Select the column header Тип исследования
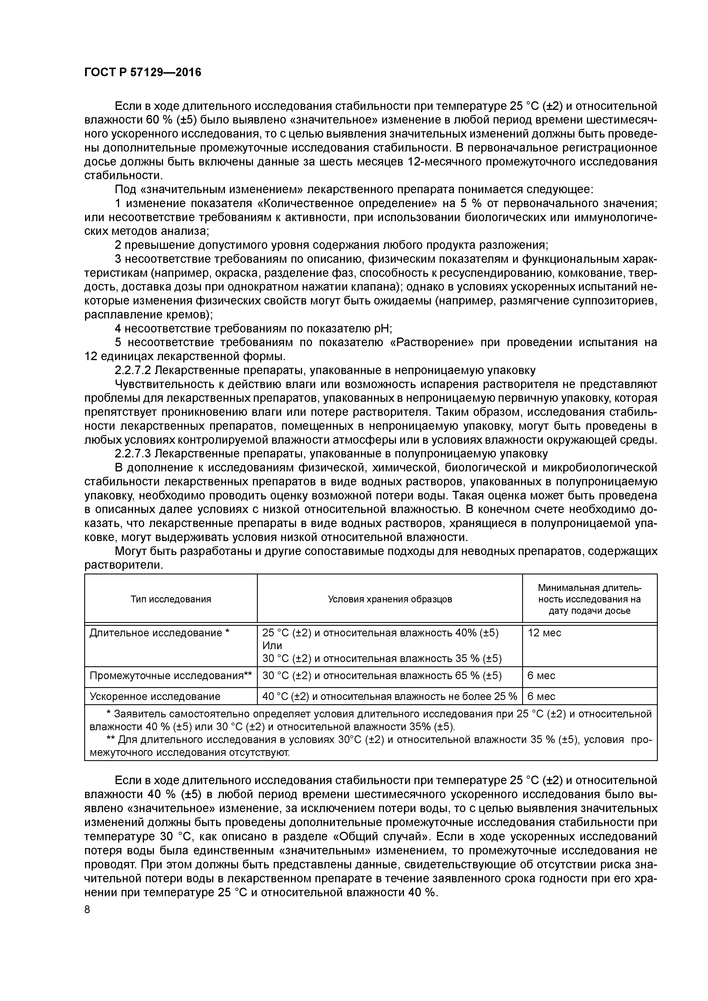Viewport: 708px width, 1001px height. pos(170,599)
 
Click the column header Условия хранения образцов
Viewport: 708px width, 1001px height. pos(390,599)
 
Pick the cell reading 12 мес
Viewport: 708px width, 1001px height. pos(544,633)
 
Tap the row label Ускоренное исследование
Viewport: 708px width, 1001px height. pos(155,696)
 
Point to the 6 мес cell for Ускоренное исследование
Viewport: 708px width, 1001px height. pos(541,696)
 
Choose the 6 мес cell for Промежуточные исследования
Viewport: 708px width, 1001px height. pos(541,675)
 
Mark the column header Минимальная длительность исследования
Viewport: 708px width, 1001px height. pos(589,599)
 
